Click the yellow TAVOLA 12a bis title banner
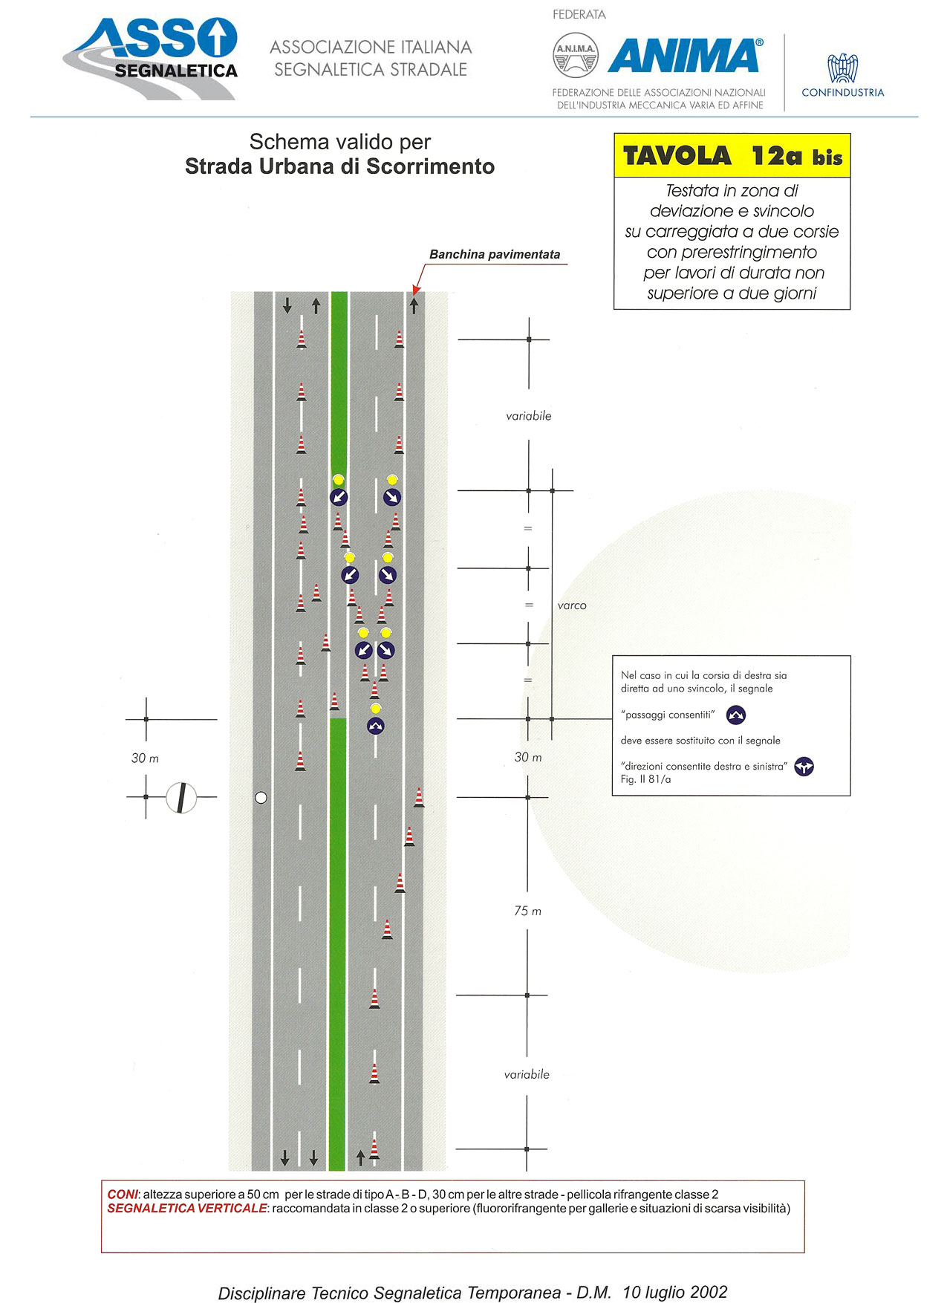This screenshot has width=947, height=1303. (x=732, y=155)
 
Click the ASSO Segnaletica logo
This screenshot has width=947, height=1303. (x=151, y=58)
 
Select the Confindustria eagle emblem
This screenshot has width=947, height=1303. (x=842, y=68)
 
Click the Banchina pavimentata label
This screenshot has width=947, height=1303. (x=495, y=254)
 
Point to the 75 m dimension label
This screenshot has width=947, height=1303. (x=527, y=911)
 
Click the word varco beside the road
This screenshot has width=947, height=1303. (x=572, y=605)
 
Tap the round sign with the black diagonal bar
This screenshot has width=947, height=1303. (x=180, y=798)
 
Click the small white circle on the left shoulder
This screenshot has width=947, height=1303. (x=261, y=798)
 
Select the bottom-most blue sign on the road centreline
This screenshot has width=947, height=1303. (x=376, y=726)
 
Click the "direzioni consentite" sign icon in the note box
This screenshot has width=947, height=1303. (x=804, y=767)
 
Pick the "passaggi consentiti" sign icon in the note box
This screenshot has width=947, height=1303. (x=735, y=715)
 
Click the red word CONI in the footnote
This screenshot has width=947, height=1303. (x=123, y=1195)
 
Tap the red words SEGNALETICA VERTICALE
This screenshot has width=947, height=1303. (x=186, y=1209)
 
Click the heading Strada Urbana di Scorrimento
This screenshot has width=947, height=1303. (x=339, y=166)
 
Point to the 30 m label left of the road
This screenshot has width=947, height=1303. (x=145, y=758)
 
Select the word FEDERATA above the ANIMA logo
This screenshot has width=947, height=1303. (x=579, y=15)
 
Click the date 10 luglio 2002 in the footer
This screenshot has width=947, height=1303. (x=675, y=1292)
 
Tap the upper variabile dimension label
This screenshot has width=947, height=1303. (x=529, y=416)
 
